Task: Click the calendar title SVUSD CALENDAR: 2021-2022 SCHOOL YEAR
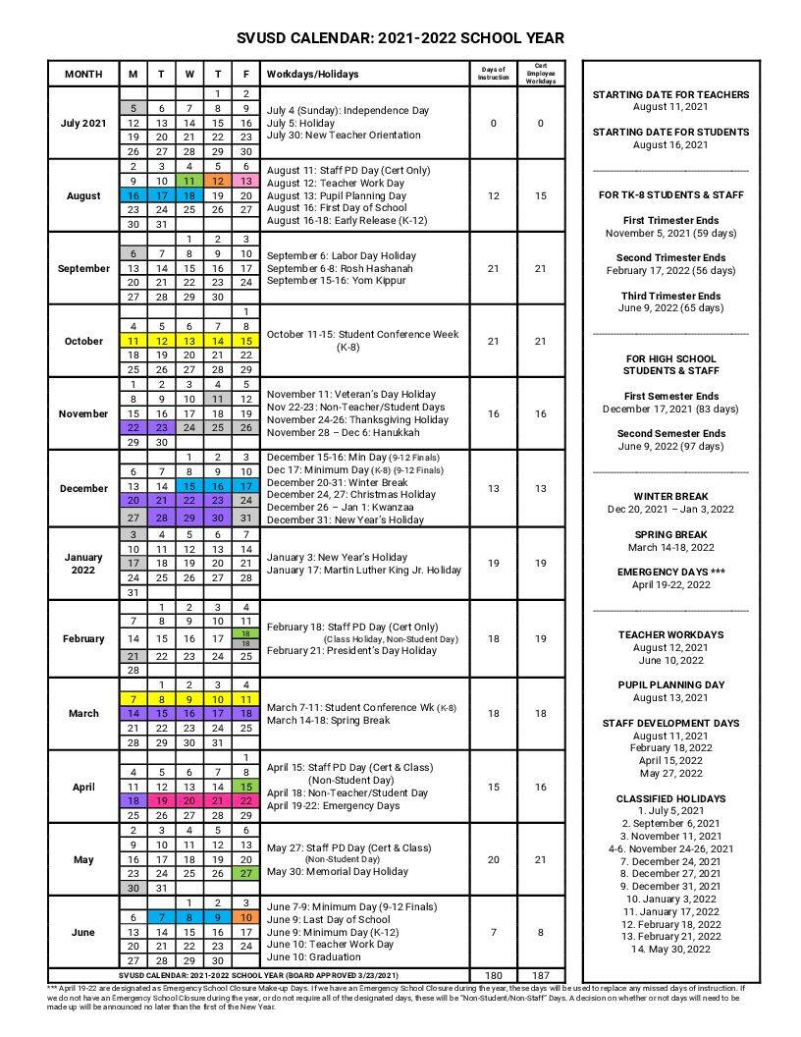tap(400, 37)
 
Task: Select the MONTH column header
tap(83, 75)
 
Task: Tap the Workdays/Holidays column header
tap(312, 75)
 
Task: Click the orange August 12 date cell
tap(217, 182)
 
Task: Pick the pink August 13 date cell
tap(245, 182)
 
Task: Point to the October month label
tap(83, 341)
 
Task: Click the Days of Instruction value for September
tap(493, 268)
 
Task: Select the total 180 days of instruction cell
tap(493, 975)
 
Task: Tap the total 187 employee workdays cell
tap(540, 975)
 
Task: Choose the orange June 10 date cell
tap(245, 917)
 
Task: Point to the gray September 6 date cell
tap(133, 254)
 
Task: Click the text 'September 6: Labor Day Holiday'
tap(342, 255)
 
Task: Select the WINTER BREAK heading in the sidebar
tap(670, 496)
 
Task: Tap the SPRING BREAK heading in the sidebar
tap(670, 534)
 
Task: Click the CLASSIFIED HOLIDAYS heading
tap(670, 798)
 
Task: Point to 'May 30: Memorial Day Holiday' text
tap(337, 871)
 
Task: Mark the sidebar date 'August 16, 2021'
tap(670, 144)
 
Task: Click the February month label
tap(83, 638)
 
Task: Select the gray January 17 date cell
tap(133, 564)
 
